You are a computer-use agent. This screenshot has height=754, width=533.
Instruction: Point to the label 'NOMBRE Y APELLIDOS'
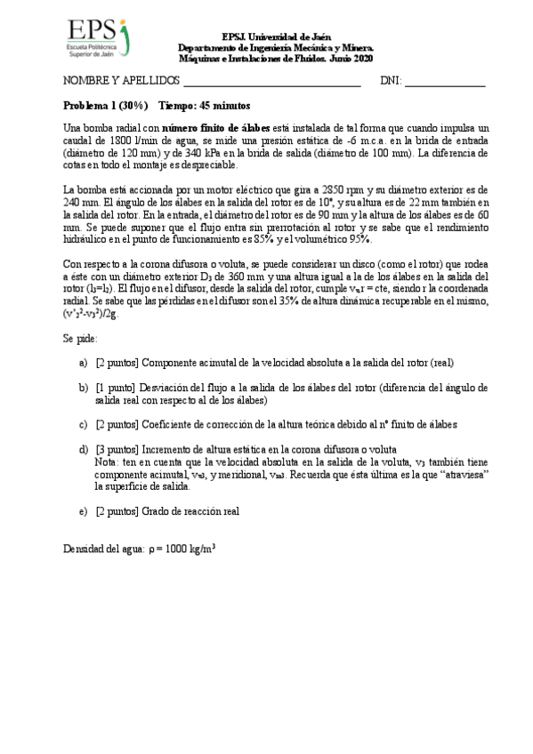point(120,81)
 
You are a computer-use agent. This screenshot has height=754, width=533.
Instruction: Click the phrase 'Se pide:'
point(80,339)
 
